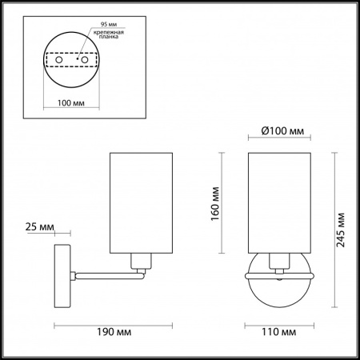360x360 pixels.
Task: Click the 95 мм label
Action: (109, 24)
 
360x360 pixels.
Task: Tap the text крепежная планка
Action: (109, 34)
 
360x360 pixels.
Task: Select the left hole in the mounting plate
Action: (59, 60)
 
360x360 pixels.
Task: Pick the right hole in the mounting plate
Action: (85, 60)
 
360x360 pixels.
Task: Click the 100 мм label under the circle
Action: (71, 103)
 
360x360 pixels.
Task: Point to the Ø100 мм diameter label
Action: (282, 131)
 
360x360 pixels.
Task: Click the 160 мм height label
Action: (215, 204)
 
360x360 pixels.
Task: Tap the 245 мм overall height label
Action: (341, 230)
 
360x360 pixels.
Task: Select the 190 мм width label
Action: (114, 332)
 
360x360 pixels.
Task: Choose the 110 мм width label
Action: (279, 332)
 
